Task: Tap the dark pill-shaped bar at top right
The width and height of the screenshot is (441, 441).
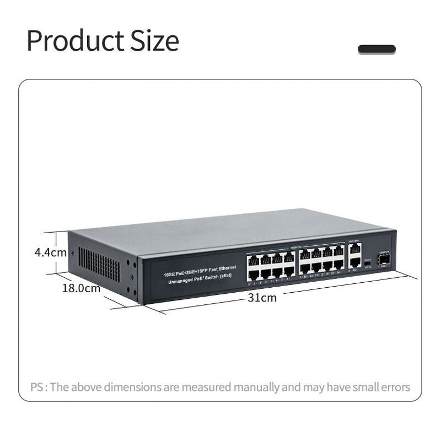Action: pos(377,50)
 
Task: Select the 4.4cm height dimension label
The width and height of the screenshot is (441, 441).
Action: pos(50,253)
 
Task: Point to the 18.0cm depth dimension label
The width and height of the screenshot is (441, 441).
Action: pos(82,288)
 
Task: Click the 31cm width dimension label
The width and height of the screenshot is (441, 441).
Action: pos(262,298)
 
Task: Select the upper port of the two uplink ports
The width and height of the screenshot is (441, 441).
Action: pos(356,250)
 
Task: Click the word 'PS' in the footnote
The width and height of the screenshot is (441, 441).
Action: pos(37,387)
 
